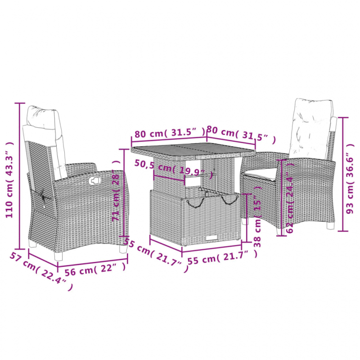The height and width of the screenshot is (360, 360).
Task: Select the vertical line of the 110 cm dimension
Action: [19, 175]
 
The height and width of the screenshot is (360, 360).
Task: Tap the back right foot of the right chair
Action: [332, 227]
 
